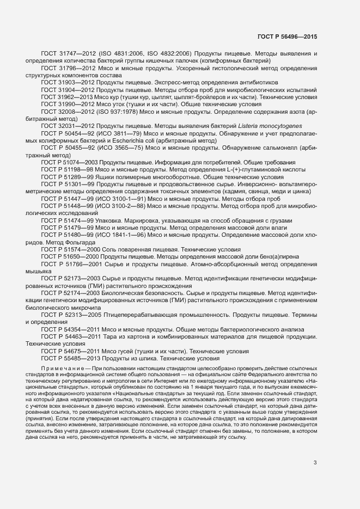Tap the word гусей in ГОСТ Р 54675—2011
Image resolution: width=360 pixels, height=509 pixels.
[x=129, y=352]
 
